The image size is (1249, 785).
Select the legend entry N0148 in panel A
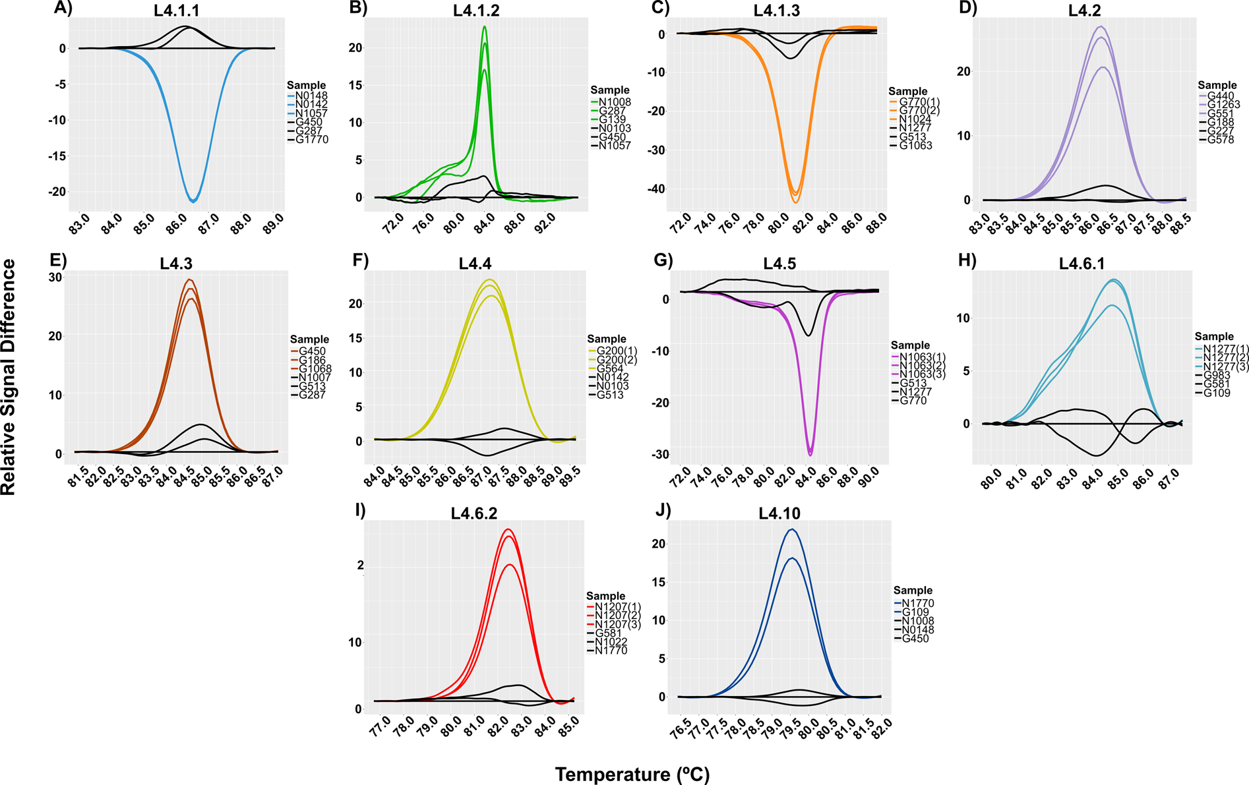(311, 96)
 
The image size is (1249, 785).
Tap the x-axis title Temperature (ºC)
(632, 774)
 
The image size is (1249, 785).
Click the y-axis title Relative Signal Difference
(9, 376)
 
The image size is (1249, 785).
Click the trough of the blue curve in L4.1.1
(193, 201)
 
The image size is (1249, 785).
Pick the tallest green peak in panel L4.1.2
(485, 27)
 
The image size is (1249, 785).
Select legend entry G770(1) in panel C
(919, 102)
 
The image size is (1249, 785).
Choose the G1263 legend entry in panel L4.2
(1223, 105)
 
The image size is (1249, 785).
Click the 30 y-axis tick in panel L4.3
(55, 277)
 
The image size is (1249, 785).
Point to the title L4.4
(475, 264)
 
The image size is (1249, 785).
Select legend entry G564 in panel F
(610, 368)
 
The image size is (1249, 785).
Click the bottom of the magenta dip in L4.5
(810, 455)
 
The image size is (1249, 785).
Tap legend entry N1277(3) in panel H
(1225, 366)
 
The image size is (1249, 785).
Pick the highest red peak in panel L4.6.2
(508, 529)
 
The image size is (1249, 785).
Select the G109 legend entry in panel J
(915, 612)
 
